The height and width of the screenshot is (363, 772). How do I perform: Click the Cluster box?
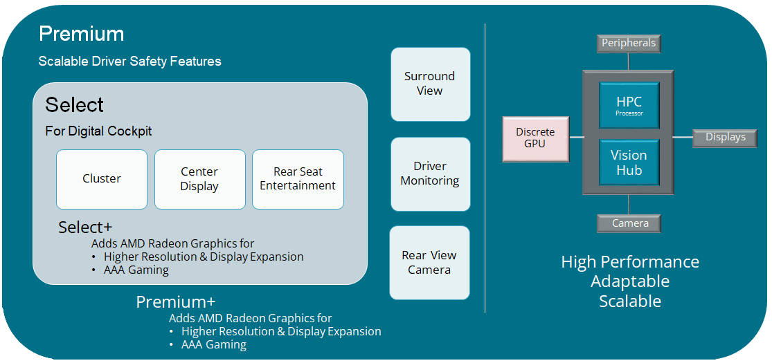pos(102,179)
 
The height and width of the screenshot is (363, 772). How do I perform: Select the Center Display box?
pos(199,179)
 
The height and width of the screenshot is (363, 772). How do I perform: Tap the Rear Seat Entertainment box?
pos(298,179)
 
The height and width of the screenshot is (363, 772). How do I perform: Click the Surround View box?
pos(430,84)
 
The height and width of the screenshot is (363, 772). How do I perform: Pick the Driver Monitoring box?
pos(430,174)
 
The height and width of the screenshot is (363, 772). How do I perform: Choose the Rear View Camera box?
pos(429,263)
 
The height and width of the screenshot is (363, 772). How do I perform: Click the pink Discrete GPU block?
pos(535,138)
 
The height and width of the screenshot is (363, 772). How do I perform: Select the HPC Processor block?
pos(629,105)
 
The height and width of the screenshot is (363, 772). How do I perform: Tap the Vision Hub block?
pos(629,163)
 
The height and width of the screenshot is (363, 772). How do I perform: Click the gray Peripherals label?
pos(629,44)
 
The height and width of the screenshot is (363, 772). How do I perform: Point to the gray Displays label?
pos(725,137)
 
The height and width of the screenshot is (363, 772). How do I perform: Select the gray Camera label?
pos(629,223)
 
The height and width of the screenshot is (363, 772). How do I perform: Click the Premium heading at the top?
pos(82,34)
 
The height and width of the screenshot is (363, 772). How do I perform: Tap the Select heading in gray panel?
pos(75,105)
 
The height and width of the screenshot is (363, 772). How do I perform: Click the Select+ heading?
pos(85,227)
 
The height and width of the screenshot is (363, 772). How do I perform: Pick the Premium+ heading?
pos(176,302)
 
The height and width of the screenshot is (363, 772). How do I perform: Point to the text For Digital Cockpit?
pos(98,131)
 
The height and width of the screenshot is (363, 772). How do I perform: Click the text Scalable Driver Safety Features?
pos(130,62)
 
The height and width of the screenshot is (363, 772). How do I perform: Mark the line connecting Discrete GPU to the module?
pos(575,137)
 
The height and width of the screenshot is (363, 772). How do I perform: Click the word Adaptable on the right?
pos(629,281)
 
